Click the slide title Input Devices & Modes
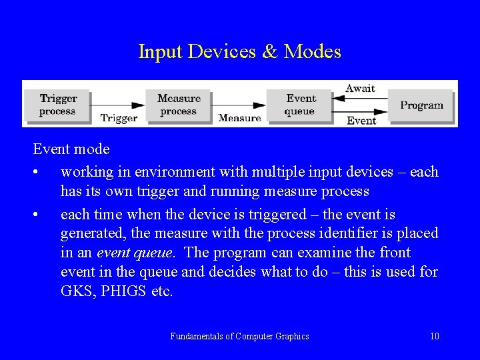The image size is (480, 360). [x=239, y=51]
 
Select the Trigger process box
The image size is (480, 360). [x=57, y=105]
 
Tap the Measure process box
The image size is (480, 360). [x=178, y=105]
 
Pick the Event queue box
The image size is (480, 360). [x=300, y=105]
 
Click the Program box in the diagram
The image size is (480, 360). [x=421, y=105]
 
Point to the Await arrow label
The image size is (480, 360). [x=360, y=88]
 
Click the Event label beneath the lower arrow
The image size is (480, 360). [x=361, y=121]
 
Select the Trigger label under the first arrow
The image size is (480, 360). [x=119, y=118]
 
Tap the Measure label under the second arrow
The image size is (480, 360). [x=239, y=118]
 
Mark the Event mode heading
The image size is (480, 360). [x=72, y=149]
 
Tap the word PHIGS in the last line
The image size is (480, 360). [x=120, y=291]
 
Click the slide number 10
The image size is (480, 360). [x=435, y=336]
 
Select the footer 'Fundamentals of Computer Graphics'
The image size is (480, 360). [x=239, y=336]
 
